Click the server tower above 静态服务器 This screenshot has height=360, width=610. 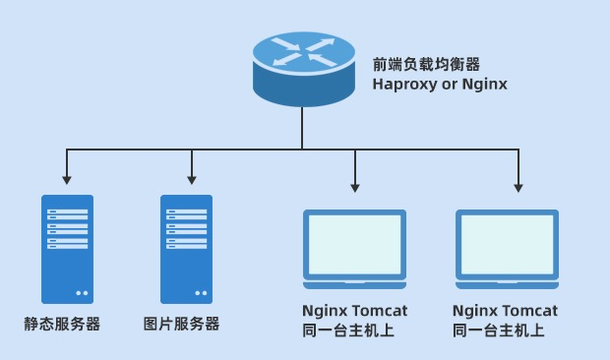pyautogui.click(x=67, y=249)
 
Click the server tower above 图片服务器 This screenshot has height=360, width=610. pyautogui.click(x=186, y=249)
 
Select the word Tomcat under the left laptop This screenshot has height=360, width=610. pyautogui.click(x=382, y=311)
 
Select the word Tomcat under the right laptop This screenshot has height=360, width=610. pyautogui.click(x=532, y=311)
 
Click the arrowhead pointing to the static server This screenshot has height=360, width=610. pyautogui.click(x=66, y=180)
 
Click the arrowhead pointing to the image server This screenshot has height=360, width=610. pyautogui.click(x=191, y=180)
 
